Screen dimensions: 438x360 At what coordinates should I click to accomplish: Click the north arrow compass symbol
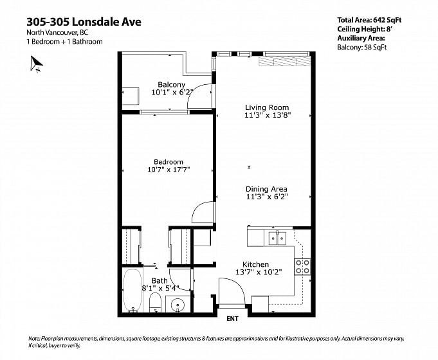click(36, 64)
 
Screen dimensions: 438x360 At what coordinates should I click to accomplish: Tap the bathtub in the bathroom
click(132, 290)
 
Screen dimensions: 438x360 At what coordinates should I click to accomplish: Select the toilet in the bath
click(155, 302)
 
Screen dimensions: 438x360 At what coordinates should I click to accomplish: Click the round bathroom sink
click(177, 304)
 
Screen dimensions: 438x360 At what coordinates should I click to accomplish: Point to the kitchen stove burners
click(302, 266)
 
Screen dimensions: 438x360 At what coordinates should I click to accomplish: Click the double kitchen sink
click(277, 238)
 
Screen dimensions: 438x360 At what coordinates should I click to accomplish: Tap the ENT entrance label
click(232, 318)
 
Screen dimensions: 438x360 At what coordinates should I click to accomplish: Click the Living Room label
click(267, 107)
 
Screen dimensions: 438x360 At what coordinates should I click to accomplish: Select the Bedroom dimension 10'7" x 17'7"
click(169, 169)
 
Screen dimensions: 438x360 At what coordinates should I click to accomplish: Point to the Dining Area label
click(266, 189)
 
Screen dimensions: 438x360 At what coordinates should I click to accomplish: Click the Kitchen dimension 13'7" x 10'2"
click(259, 272)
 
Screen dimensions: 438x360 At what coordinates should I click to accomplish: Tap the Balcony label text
click(172, 84)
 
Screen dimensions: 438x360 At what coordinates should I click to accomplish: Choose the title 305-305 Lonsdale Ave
click(84, 22)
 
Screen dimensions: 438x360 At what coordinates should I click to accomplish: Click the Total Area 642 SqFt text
click(369, 20)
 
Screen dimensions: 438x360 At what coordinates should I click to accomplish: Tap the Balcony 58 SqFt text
click(361, 47)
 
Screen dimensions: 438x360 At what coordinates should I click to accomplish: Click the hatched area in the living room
click(284, 62)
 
